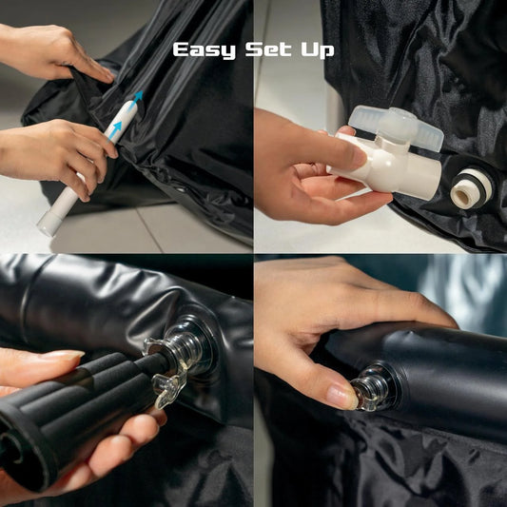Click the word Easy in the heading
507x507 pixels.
tap(205, 50)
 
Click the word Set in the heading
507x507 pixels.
tap(268, 49)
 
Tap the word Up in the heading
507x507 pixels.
tap(318, 50)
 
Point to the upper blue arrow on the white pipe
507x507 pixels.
tap(137, 99)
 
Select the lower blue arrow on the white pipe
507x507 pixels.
tap(114, 131)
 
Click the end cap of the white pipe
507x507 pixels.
tap(49, 223)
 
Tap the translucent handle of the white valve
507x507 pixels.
tap(396, 127)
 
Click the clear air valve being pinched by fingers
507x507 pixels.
tap(372, 388)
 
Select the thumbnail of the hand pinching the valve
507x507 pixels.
tap(341, 396)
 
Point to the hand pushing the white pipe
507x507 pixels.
tap(55, 155)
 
